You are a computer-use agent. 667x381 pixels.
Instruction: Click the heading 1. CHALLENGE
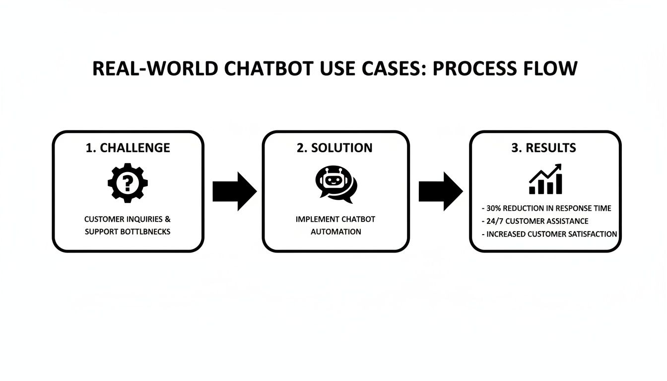pos(128,148)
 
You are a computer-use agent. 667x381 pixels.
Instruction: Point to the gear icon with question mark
pos(128,183)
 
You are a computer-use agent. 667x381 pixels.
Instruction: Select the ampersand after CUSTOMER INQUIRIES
pos(168,219)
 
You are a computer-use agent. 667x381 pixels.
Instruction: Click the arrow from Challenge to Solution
pos(234,191)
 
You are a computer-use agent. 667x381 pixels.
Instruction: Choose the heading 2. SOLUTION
pos(336,148)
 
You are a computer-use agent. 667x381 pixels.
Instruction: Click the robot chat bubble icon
pos(335,184)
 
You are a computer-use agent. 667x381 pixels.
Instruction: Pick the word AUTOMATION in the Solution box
pos(336,232)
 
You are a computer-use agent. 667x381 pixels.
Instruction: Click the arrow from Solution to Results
pos(440,191)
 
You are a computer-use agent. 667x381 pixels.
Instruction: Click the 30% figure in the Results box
pos(494,208)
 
